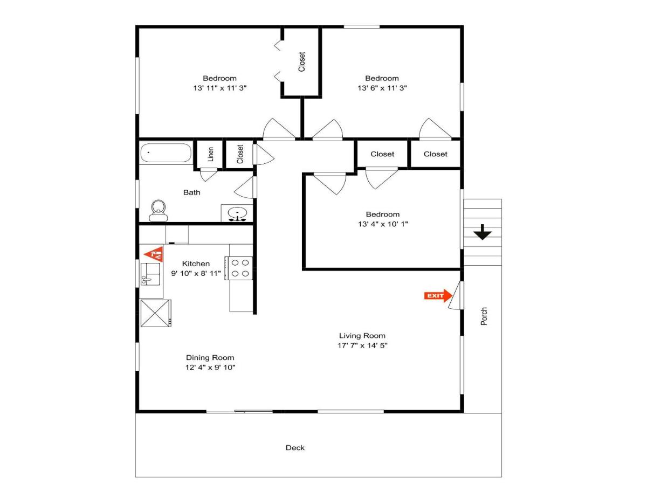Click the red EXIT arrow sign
pyautogui.click(x=438, y=296)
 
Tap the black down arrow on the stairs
pyautogui.click(x=482, y=232)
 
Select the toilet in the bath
pyautogui.click(x=159, y=211)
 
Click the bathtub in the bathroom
pyautogui.click(x=166, y=153)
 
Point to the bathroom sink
pyautogui.click(x=237, y=213)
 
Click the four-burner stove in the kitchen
pyautogui.click(x=239, y=268)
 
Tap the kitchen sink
pyautogui.click(x=150, y=274)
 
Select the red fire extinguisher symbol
pyautogui.click(x=154, y=254)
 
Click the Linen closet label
pyautogui.click(x=210, y=154)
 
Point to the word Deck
pyautogui.click(x=295, y=448)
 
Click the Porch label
pyautogui.click(x=484, y=316)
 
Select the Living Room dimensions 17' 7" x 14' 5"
pyautogui.click(x=362, y=345)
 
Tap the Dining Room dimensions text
pyautogui.click(x=210, y=367)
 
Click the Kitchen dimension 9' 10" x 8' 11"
pyautogui.click(x=196, y=273)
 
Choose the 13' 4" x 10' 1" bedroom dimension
pyautogui.click(x=383, y=224)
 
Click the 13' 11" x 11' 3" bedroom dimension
pyautogui.click(x=219, y=88)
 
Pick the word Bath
pyautogui.click(x=191, y=192)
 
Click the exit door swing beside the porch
pyautogui.click(x=456, y=295)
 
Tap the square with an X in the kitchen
pyautogui.click(x=156, y=313)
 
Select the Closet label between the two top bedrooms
pyautogui.click(x=301, y=62)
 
